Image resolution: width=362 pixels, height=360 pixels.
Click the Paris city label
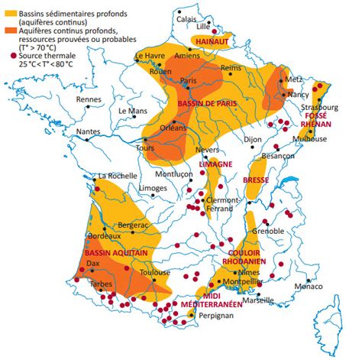coord(189,81)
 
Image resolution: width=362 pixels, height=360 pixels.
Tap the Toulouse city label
coord(157,271)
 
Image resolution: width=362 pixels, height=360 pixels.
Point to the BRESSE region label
coord(256,180)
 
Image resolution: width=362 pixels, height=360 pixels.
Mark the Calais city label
coord(188,20)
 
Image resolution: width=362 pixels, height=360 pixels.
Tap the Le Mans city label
coord(131,111)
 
